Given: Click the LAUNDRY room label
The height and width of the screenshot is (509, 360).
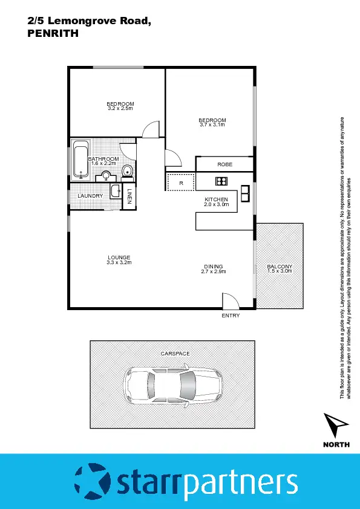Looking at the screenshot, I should coord(90,196).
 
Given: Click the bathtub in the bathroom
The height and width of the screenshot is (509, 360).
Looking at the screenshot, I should coord(80,160).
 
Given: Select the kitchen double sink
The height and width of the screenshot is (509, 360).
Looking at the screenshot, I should coord(246,193).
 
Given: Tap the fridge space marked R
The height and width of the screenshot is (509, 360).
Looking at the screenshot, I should coord(180,183).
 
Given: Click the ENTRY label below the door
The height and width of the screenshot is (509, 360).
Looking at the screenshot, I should coord(231,316).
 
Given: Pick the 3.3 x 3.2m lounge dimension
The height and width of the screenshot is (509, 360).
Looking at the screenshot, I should coord(119,263).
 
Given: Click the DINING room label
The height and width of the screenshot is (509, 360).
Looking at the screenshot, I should coord(213,267).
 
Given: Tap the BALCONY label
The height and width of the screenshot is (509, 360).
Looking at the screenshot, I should coord(280,267).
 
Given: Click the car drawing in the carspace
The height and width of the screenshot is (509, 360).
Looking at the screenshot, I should coord(172,385).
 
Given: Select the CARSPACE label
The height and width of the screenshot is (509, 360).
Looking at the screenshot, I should coord(175,352).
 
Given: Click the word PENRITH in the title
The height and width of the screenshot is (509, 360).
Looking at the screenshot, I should coord(53,34).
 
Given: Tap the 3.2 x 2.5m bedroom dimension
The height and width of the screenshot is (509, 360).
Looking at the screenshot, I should coord(120,109).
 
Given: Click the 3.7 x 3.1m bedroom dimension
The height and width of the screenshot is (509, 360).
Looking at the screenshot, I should coord(212,125).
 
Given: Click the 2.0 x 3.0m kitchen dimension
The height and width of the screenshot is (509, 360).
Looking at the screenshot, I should coord(216,205).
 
